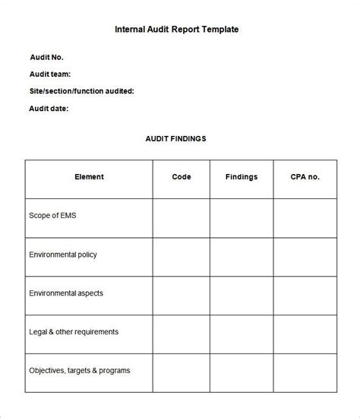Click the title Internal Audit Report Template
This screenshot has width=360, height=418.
(x=177, y=30)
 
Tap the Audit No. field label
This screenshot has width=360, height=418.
(x=46, y=57)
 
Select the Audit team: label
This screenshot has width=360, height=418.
(x=50, y=74)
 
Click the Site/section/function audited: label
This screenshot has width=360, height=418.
(x=82, y=91)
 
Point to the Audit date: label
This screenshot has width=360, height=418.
(x=49, y=108)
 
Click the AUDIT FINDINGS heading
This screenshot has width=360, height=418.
(x=175, y=139)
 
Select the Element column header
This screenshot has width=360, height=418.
(x=89, y=177)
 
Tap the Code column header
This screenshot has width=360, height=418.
(x=182, y=177)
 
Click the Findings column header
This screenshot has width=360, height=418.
(x=242, y=177)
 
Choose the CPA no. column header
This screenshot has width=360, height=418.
(x=305, y=177)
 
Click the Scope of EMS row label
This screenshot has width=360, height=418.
(x=52, y=216)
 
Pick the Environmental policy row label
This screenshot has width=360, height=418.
(x=63, y=255)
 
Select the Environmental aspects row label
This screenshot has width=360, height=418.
(x=66, y=293)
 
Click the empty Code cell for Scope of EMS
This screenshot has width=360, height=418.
(x=182, y=217)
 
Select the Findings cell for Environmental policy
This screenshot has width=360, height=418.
(x=242, y=255)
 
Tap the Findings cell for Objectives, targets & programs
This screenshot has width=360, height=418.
(x=242, y=372)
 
